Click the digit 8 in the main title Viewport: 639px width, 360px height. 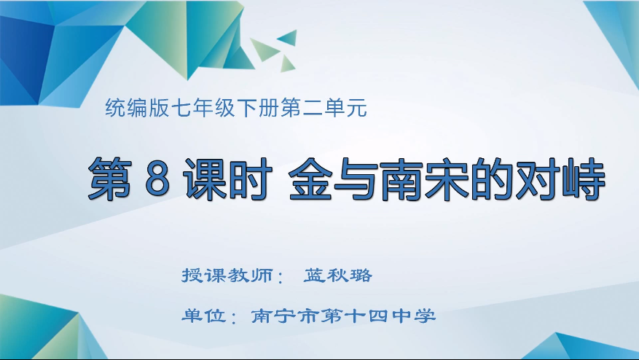pyautogui.click(x=157, y=180)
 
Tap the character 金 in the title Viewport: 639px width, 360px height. pyautogui.click(x=310, y=180)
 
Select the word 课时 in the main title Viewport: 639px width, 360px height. pyautogui.click(x=228, y=180)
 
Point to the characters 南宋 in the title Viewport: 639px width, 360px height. pyautogui.click(x=424, y=180)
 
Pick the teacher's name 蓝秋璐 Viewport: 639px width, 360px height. pyautogui.click(x=338, y=275)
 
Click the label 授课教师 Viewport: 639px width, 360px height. pyautogui.click(x=227, y=275)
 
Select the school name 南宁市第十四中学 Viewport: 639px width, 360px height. pyautogui.click(x=343, y=316)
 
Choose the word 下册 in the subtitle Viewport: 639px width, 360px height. pyautogui.click(x=259, y=108)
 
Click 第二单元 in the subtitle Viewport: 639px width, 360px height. pyautogui.click(x=324, y=108)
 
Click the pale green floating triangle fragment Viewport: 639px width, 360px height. pyautogui.click(x=263, y=49)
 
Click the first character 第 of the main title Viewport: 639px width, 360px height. pyautogui.click(x=110, y=180)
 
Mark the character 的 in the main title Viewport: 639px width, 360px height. pyautogui.click(x=493, y=180)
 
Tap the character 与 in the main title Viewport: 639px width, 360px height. pyautogui.click(x=356, y=180)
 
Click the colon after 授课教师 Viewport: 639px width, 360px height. pyautogui.click(x=280, y=277)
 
